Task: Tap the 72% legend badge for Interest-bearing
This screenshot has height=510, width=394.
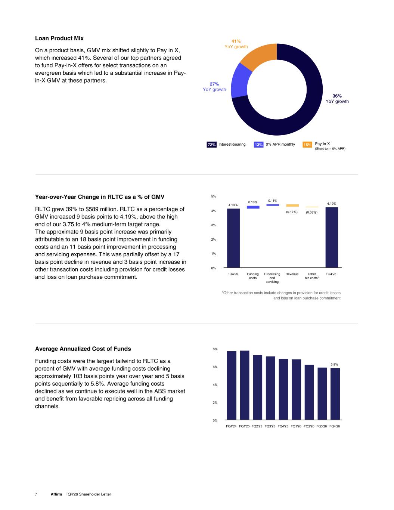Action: (x=211, y=145)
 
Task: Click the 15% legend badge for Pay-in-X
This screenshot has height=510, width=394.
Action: (x=307, y=145)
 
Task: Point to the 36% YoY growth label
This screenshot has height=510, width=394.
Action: (x=337, y=99)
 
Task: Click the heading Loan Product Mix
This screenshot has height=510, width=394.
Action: (x=59, y=38)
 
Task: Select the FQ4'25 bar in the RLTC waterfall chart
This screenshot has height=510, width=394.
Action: (x=233, y=238)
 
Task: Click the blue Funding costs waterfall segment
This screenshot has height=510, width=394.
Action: (x=253, y=207)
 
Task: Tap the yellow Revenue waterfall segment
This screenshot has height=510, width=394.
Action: (x=292, y=205)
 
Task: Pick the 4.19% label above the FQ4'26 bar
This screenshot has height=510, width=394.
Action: (x=332, y=204)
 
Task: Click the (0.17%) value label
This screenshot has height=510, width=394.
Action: (x=292, y=212)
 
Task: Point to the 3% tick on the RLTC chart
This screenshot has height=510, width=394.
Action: (x=213, y=225)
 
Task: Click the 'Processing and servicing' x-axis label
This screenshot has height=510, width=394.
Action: (x=272, y=278)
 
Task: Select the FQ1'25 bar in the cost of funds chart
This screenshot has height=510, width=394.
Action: (x=245, y=385)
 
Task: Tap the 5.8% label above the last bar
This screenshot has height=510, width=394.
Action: (x=334, y=365)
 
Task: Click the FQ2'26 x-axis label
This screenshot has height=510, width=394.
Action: (x=309, y=426)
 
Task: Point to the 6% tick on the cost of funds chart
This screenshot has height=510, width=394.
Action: (x=215, y=367)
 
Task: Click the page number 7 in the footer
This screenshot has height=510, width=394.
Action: (x=36, y=494)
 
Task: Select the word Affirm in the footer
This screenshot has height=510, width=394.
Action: (x=56, y=494)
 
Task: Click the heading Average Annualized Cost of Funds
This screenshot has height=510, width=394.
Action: (x=83, y=349)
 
